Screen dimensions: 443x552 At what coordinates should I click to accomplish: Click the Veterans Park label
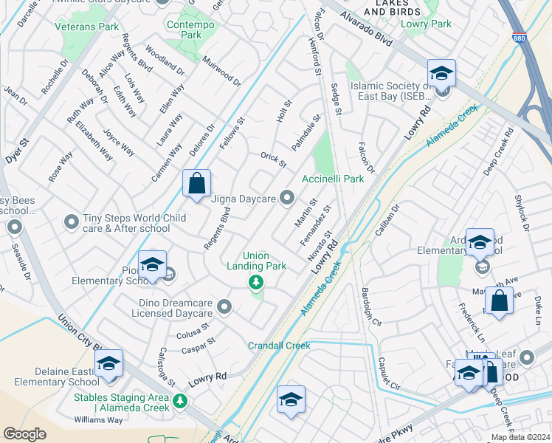86,27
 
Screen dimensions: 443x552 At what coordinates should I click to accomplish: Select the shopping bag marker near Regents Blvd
197,185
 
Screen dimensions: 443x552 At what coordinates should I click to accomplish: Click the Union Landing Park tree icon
255,281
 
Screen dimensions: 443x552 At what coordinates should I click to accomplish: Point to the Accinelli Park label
333,179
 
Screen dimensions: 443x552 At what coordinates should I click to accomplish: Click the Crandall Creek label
279,346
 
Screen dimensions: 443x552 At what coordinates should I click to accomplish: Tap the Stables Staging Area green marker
180,402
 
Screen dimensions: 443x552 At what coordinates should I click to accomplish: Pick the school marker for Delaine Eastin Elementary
108,365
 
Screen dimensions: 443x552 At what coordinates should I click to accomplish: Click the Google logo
24,434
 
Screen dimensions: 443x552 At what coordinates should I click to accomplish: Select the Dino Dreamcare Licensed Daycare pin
224,306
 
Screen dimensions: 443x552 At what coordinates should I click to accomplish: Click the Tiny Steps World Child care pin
71,221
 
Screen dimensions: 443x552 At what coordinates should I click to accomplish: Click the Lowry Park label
427,24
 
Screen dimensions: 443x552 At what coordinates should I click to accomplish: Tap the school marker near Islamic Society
441,73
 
